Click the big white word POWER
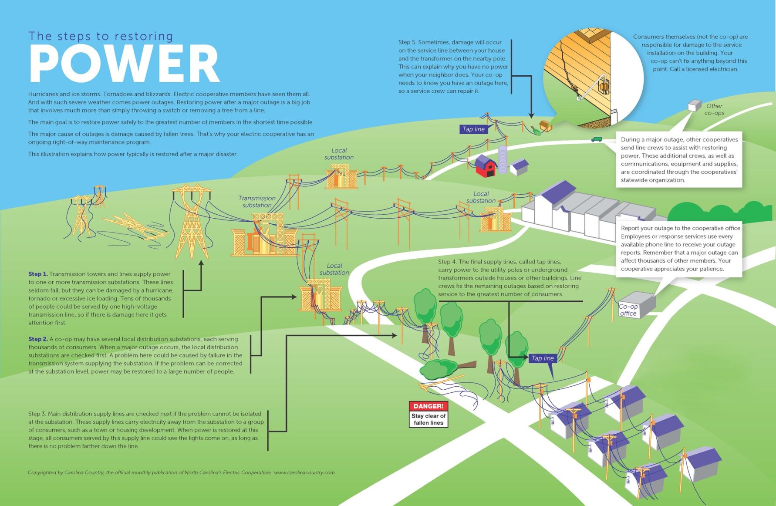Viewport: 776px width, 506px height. (x=124, y=64)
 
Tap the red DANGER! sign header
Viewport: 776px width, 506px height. (x=428, y=406)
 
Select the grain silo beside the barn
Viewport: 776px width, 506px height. (x=503, y=159)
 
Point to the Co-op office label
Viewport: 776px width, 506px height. (x=628, y=310)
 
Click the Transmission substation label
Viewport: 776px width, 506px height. (x=257, y=202)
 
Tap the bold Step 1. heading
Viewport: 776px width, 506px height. (x=38, y=274)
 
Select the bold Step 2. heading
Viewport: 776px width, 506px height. (x=38, y=339)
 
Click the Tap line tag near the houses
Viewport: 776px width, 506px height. (x=542, y=358)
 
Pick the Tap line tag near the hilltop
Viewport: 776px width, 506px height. (x=473, y=129)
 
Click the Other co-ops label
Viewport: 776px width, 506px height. (x=714, y=109)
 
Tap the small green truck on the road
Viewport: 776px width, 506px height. (x=596, y=139)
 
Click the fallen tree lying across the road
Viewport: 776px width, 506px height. (x=444, y=368)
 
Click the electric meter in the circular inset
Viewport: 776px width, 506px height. (x=604, y=85)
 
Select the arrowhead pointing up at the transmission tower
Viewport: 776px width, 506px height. (x=201, y=263)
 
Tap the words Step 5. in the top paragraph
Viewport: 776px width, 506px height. (x=407, y=42)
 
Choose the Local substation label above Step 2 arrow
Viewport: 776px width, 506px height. (x=334, y=269)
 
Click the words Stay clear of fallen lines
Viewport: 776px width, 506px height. (x=428, y=419)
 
